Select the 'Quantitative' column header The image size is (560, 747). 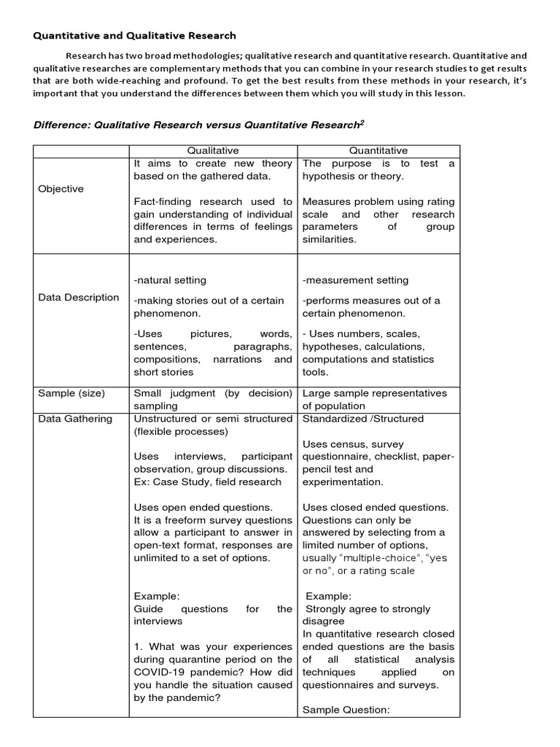coord(378,150)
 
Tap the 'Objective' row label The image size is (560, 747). coord(61,189)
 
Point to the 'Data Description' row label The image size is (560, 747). coord(79,297)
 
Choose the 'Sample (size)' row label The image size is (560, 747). coord(71,393)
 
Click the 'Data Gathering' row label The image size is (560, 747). coord(75,419)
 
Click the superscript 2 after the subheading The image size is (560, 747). coord(362,122)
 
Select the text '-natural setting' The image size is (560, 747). coord(170,280)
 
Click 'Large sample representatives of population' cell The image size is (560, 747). coord(375,399)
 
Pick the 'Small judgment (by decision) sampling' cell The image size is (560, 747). coord(213,399)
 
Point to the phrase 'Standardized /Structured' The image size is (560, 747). coord(362,419)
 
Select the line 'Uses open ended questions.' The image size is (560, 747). coord(203,507)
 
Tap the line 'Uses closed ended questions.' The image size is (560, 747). coord(376,507)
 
